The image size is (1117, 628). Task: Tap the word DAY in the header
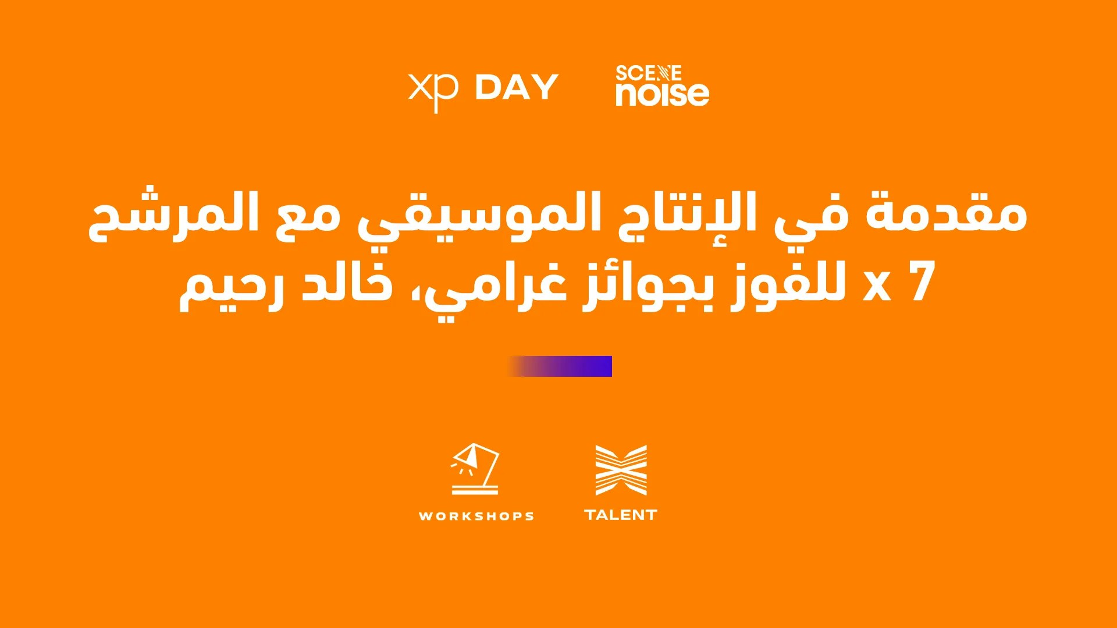[517, 87]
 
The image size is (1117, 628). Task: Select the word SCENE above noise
[648, 73]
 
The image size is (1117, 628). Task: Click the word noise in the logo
[663, 94]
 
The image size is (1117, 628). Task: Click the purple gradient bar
[559, 366]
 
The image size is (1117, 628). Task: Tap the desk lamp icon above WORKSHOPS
[475, 469]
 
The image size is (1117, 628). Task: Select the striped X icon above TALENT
[621, 470]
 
